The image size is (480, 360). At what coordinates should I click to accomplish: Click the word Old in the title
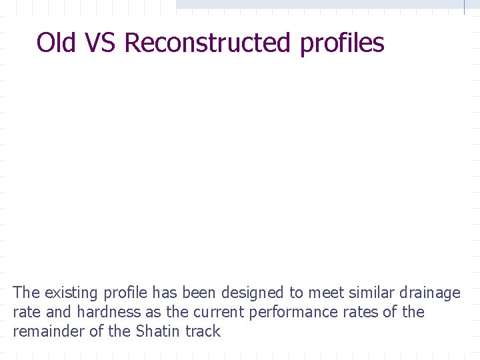[56, 43]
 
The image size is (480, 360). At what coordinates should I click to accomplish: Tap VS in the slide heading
[99, 43]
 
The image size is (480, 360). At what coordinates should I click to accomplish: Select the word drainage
[429, 293]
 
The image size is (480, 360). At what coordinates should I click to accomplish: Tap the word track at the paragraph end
[203, 331]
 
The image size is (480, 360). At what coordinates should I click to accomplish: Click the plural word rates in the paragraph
[364, 312]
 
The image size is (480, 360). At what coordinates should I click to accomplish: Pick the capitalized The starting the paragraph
[26, 293]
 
